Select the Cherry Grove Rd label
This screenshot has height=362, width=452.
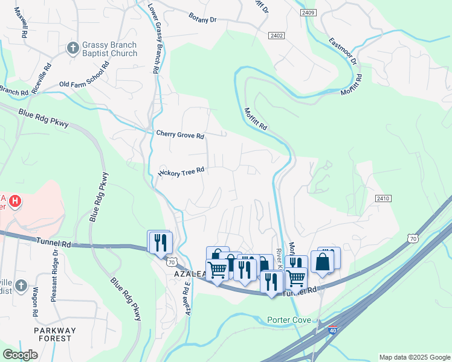click(180, 135)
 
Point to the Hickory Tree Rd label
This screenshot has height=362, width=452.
click(182, 172)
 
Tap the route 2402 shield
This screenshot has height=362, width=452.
click(277, 36)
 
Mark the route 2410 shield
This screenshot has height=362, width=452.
click(383, 198)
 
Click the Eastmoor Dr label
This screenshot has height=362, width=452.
click(343, 51)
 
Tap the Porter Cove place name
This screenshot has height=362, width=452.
click(289, 320)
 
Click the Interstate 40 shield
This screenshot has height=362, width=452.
click(332, 331)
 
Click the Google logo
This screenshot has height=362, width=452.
click(20, 355)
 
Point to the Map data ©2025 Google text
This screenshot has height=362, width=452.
click(414, 357)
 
